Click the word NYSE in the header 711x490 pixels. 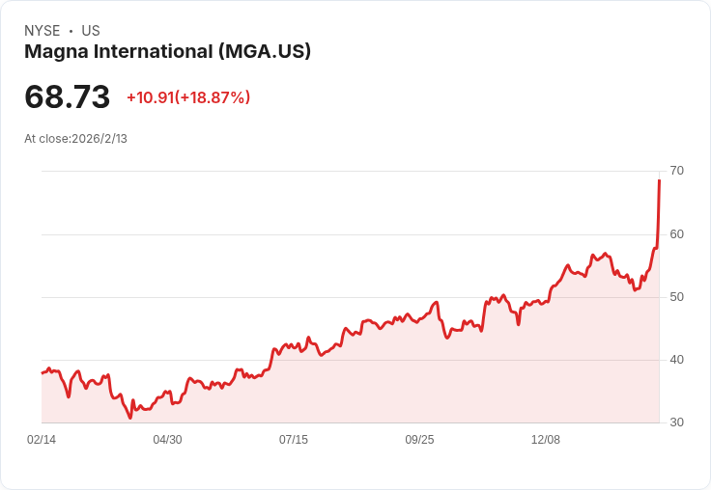click(x=43, y=31)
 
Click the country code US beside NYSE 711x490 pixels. click(x=91, y=31)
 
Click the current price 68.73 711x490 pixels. click(x=68, y=96)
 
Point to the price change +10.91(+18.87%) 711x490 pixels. click(x=188, y=97)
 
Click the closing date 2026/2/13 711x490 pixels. click(x=100, y=139)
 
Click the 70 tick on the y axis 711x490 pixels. click(x=676, y=171)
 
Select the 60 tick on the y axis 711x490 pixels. click(x=676, y=233)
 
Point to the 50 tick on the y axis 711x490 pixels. click(x=676, y=297)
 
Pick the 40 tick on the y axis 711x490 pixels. click(x=676, y=360)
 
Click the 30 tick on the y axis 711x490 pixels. click(x=676, y=422)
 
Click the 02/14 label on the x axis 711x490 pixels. click(x=42, y=440)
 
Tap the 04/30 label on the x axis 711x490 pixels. click(x=167, y=440)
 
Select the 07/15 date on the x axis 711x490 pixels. click(x=294, y=440)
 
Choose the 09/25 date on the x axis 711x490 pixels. click(x=419, y=440)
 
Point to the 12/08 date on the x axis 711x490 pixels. click(x=546, y=440)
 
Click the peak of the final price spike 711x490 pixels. click(x=659, y=180)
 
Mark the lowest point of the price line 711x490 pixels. click(x=130, y=418)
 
